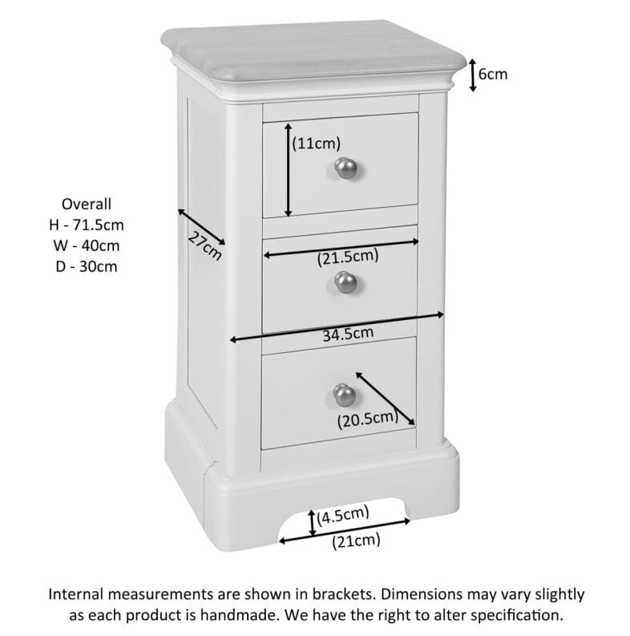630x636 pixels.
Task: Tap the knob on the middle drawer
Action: point(345,282)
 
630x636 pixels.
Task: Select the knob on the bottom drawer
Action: point(345,394)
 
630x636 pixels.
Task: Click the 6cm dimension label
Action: point(493,75)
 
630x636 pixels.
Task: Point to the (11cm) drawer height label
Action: point(316,144)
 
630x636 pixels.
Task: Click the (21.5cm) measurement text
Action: point(348,257)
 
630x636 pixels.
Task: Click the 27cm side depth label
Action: point(204,245)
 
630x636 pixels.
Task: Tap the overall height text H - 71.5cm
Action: point(87,225)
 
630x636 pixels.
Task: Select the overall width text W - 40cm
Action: point(87,245)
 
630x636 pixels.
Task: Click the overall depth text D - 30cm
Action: point(87,266)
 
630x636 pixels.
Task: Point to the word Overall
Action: point(87,204)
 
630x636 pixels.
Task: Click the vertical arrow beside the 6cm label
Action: point(473,75)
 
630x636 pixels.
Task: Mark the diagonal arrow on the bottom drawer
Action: point(385,398)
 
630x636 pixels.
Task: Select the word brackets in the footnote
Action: point(336,594)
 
